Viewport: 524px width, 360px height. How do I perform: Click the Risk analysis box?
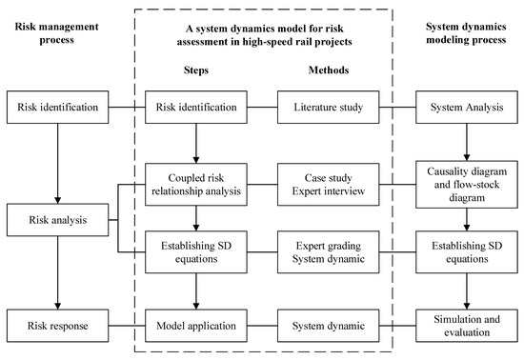click(x=58, y=223)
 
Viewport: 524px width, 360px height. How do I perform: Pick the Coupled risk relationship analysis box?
click(x=195, y=181)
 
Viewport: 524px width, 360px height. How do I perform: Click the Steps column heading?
click(x=195, y=70)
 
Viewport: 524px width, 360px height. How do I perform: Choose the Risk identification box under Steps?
click(x=195, y=107)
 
